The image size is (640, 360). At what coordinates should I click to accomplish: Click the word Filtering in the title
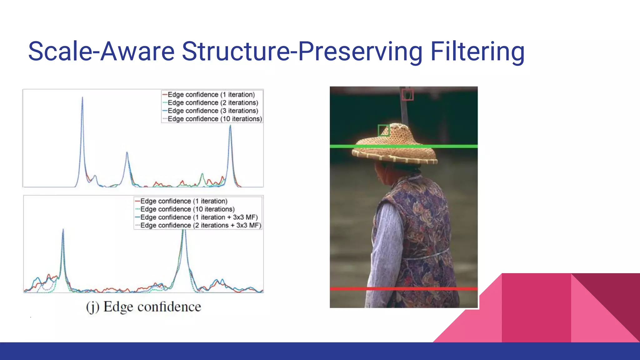point(477,52)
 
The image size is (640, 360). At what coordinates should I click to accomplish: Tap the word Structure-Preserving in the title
point(302,52)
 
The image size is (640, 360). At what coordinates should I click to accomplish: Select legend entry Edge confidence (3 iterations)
point(213,111)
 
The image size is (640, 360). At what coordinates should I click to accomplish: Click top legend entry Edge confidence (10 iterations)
point(215,119)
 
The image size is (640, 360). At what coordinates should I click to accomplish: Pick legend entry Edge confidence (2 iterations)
point(213,102)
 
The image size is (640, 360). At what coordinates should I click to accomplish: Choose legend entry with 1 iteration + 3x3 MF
point(199,217)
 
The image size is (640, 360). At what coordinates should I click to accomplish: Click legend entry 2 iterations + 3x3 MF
point(200,225)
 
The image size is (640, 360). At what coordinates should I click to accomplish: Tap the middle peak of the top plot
point(127,153)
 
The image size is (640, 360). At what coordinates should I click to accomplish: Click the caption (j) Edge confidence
point(143,307)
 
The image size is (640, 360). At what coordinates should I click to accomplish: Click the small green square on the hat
point(383,130)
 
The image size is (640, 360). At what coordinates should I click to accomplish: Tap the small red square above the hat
point(407,95)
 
